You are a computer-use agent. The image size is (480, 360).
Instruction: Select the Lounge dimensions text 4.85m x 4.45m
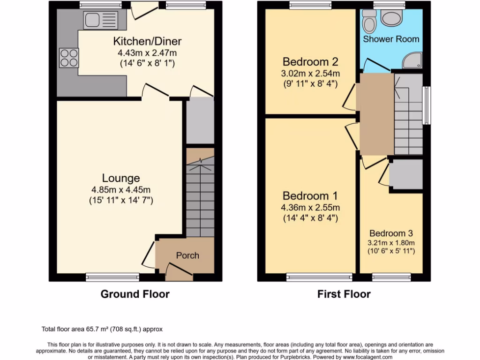click(121, 190)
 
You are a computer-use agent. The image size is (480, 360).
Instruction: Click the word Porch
click(187, 255)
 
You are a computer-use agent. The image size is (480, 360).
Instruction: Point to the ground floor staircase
click(200, 197)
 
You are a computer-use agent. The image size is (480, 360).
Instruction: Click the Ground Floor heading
click(135, 294)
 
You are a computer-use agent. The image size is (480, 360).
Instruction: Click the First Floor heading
click(344, 294)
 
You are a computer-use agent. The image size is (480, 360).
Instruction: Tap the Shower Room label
click(391, 39)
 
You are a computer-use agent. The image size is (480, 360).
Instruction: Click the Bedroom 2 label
click(310, 62)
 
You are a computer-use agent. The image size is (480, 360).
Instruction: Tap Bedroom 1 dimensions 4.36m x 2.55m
click(310, 207)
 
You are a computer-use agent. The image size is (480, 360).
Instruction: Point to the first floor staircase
click(408, 117)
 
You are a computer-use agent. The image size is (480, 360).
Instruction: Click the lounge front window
click(112, 277)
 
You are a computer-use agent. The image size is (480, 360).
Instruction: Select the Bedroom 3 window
click(391, 277)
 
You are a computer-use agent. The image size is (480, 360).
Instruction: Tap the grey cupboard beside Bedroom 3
click(406, 174)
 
